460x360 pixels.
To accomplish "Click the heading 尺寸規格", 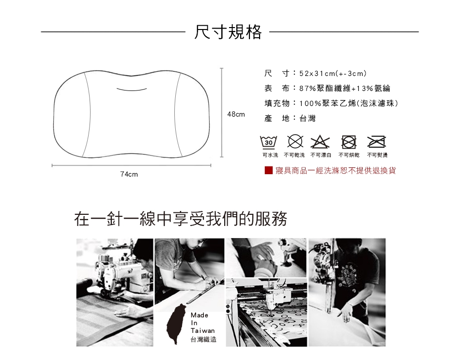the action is (228, 31).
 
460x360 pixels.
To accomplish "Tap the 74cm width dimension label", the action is (129, 174).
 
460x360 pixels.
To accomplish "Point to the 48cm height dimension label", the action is (236, 114).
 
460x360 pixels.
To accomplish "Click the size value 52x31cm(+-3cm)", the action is (333, 73).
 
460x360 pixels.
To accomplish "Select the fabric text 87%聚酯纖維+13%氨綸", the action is (345, 88).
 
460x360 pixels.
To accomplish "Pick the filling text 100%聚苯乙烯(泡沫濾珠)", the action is (349, 103).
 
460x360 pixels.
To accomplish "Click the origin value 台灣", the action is (307, 119).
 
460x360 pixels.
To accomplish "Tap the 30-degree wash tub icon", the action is (268, 142).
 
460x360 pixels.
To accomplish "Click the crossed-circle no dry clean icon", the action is (295, 142).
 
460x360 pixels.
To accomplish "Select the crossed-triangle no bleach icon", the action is (320, 142).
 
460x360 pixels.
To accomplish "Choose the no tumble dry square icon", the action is (349, 142).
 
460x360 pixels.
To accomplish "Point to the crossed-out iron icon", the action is (377, 142).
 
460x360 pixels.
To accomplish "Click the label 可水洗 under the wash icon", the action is (270, 155).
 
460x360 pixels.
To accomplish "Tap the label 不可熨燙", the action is (377, 155).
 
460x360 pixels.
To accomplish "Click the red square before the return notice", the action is (269, 170).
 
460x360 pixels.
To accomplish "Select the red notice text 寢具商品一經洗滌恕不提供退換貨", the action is (336, 170).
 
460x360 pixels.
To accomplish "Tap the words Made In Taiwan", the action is (202, 323).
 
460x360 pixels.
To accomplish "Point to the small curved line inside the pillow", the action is (131, 89).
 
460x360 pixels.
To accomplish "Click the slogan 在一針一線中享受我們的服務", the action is (181, 219).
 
